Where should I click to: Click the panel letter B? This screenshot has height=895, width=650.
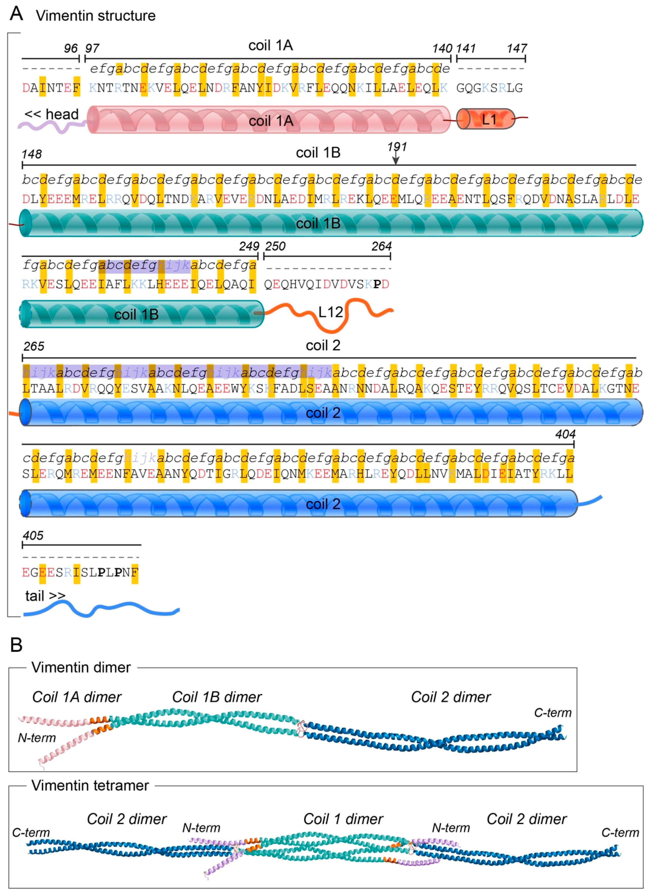[x=16, y=645]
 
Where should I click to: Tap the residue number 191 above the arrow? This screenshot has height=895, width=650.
[x=397, y=147]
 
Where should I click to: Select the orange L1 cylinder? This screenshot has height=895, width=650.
[x=486, y=119]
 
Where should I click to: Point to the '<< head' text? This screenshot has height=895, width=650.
[x=51, y=114]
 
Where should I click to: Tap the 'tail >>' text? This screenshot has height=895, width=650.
[x=45, y=596]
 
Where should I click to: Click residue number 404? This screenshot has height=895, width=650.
[x=565, y=434]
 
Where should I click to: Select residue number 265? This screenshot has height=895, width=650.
[x=34, y=346]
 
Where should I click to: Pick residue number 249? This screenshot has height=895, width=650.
[x=249, y=246]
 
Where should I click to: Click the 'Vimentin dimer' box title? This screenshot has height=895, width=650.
[x=81, y=667]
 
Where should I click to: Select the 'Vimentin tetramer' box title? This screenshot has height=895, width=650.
[x=90, y=785]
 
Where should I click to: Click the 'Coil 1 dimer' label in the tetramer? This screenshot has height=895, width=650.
[x=343, y=819]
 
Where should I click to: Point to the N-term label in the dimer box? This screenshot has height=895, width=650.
[x=37, y=738]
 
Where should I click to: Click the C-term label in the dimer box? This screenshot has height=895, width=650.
[x=553, y=713]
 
